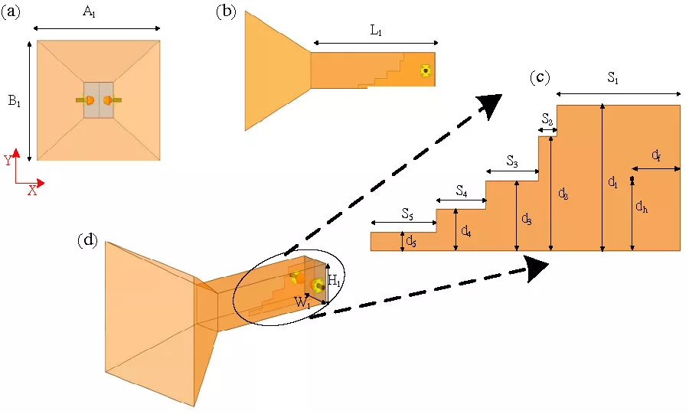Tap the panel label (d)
pyautogui.click(x=89, y=240)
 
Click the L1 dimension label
pyautogui.click(x=375, y=31)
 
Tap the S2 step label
pyautogui.click(x=547, y=119)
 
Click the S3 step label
pyautogui.click(x=513, y=161)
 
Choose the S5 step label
pyautogui.click(x=407, y=211)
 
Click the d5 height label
pyautogui.click(x=411, y=242)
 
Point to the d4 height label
pyautogui.click(x=466, y=229)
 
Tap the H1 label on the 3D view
pyautogui.click(x=335, y=280)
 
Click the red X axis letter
pyautogui.click(x=32, y=191)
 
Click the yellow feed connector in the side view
pyautogui.click(x=426, y=71)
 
